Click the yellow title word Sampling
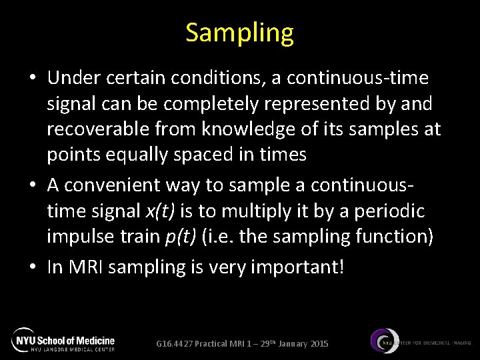coord(239,33)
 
